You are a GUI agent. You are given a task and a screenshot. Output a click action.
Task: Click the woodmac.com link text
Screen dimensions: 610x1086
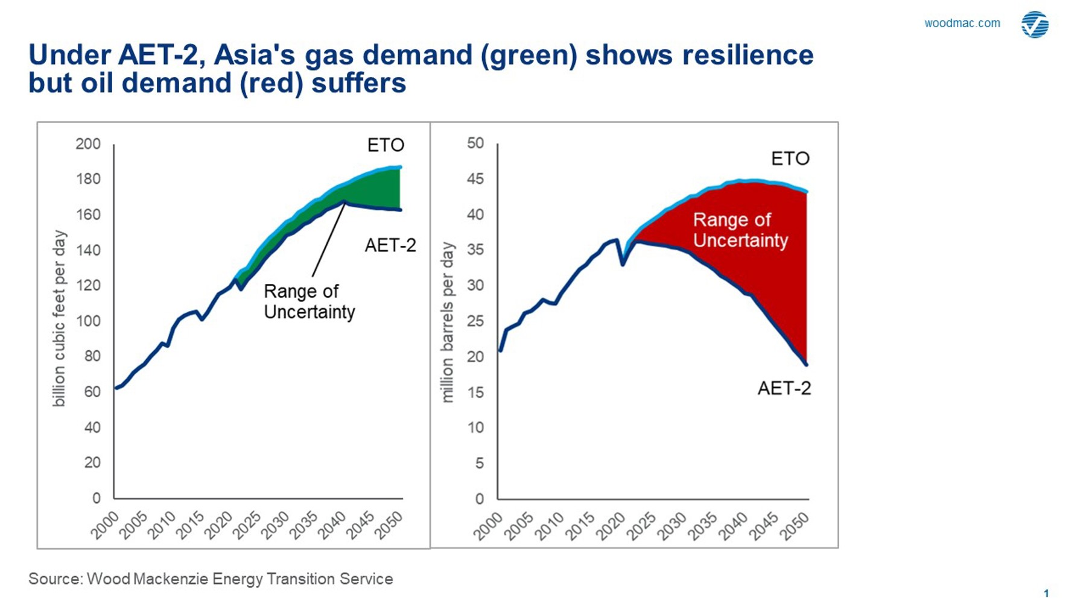(962, 24)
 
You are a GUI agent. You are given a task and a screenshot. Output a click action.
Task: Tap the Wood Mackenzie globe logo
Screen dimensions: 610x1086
(1035, 25)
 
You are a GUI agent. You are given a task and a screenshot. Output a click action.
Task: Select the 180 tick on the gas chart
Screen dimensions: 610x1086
(88, 179)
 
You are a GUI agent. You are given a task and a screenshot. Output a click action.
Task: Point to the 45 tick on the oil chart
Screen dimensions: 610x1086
(475, 179)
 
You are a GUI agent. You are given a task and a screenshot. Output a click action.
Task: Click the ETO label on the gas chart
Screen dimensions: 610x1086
(386, 145)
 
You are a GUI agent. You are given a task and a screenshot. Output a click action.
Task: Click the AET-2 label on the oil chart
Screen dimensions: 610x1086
(784, 389)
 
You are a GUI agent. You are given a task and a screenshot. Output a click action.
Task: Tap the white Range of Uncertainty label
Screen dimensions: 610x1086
(740, 230)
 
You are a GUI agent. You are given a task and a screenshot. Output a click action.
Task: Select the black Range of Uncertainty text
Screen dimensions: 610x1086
(309, 301)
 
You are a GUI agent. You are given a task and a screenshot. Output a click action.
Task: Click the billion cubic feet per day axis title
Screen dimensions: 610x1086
(59, 318)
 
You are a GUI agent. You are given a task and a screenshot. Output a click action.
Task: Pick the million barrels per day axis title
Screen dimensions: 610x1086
(447, 322)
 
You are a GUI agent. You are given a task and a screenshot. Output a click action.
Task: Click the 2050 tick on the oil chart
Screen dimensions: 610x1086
(796, 526)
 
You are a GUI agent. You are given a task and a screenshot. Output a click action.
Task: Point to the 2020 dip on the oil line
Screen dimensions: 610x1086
(622, 264)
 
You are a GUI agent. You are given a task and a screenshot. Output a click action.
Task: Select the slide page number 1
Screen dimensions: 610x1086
(1046, 594)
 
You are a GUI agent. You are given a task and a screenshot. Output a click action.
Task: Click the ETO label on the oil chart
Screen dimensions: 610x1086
(790, 159)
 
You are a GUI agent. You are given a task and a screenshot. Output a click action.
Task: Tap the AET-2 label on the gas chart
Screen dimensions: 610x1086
(390, 246)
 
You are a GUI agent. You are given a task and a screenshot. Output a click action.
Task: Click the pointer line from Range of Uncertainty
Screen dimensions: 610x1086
(328, 241)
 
